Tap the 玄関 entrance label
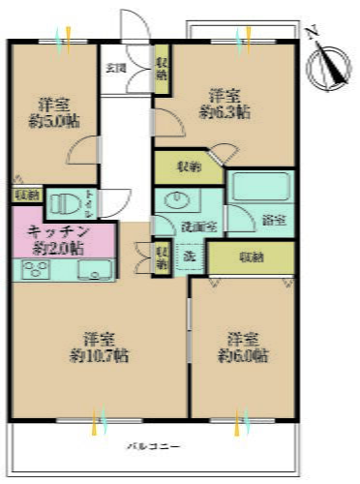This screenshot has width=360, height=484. coord(115,68)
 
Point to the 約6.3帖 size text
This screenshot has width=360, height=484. coord(225,111)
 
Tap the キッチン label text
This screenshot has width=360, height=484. coord(58,232)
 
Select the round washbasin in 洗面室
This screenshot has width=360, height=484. coord(177,201)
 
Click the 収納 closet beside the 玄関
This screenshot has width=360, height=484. coord(162,70)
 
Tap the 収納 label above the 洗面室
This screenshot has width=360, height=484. coord(188,166)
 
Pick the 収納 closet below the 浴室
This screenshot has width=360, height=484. coord(252,257)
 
